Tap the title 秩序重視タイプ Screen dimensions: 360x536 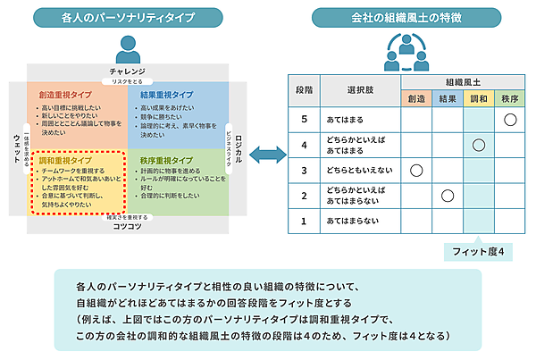167,162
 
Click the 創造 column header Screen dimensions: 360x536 415,98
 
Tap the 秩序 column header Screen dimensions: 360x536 510,98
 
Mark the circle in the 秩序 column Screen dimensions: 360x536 510,119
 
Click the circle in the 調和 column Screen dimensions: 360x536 478,144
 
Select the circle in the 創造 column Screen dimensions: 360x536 415,169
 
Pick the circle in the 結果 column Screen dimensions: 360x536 448,195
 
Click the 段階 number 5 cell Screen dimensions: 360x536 305,119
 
